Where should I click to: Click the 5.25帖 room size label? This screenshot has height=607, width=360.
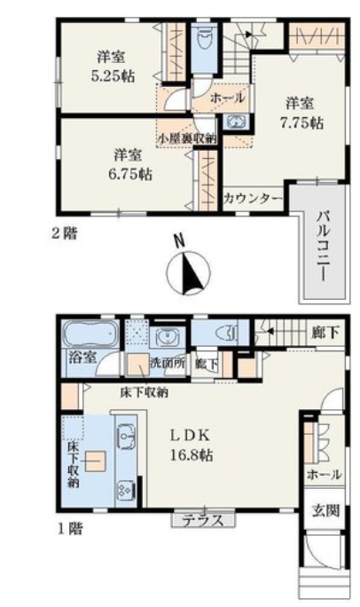pyautogui.click(x=113, y=76)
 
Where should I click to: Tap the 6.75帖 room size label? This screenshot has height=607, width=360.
pyautogui.click(x=130, y=175)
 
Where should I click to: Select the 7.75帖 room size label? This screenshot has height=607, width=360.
pyautogui.click(x=301, y=123)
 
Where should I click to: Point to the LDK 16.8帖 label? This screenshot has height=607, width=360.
pyautogui.click(x=192, y=445)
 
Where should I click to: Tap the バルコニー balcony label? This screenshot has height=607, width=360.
pyautogui.click(x=324, y=246)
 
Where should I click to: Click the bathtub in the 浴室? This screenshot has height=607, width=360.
pyautogui.click(x=91, y=334)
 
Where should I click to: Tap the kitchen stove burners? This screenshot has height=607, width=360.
pyautogui.click(x=127, y=491)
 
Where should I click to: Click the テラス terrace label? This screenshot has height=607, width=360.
pyautogui.click(x=203, y=520)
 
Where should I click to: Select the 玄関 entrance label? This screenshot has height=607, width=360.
pyautogui.click(x=325, y=510)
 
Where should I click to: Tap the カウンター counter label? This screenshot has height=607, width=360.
pyautogui.click(x=254, y=199)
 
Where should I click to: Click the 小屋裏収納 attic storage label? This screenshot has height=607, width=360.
pyautogui.click(x=187, y=138)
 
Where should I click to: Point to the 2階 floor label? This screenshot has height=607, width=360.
pyautogui.click(x=65, y=233)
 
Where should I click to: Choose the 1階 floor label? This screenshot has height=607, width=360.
pyautogui.click(x=70, y=528)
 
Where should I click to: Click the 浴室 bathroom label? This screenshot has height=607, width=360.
pyautogui.click(x=82, y=357)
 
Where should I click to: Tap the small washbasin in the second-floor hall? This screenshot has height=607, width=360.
pyautogui.click(x=236, y=122)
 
